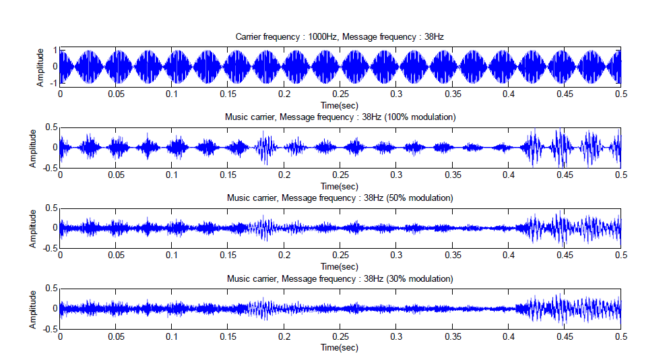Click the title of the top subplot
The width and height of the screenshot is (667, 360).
340,36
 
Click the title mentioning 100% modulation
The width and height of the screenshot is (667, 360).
340,117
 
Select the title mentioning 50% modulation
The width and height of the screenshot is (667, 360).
340,198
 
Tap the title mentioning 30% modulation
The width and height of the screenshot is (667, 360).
340,278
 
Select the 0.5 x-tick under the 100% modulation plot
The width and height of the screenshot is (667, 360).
621,175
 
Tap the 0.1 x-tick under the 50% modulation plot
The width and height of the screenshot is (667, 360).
172,256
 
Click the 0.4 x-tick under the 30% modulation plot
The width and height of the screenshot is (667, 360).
509,336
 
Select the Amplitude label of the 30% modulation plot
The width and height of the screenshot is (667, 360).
32,308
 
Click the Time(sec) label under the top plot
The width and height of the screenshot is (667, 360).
340,106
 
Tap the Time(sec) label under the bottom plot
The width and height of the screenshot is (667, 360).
340,347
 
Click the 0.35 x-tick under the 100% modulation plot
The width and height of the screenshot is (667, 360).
453,175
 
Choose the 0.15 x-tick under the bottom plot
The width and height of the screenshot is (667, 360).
228,336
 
